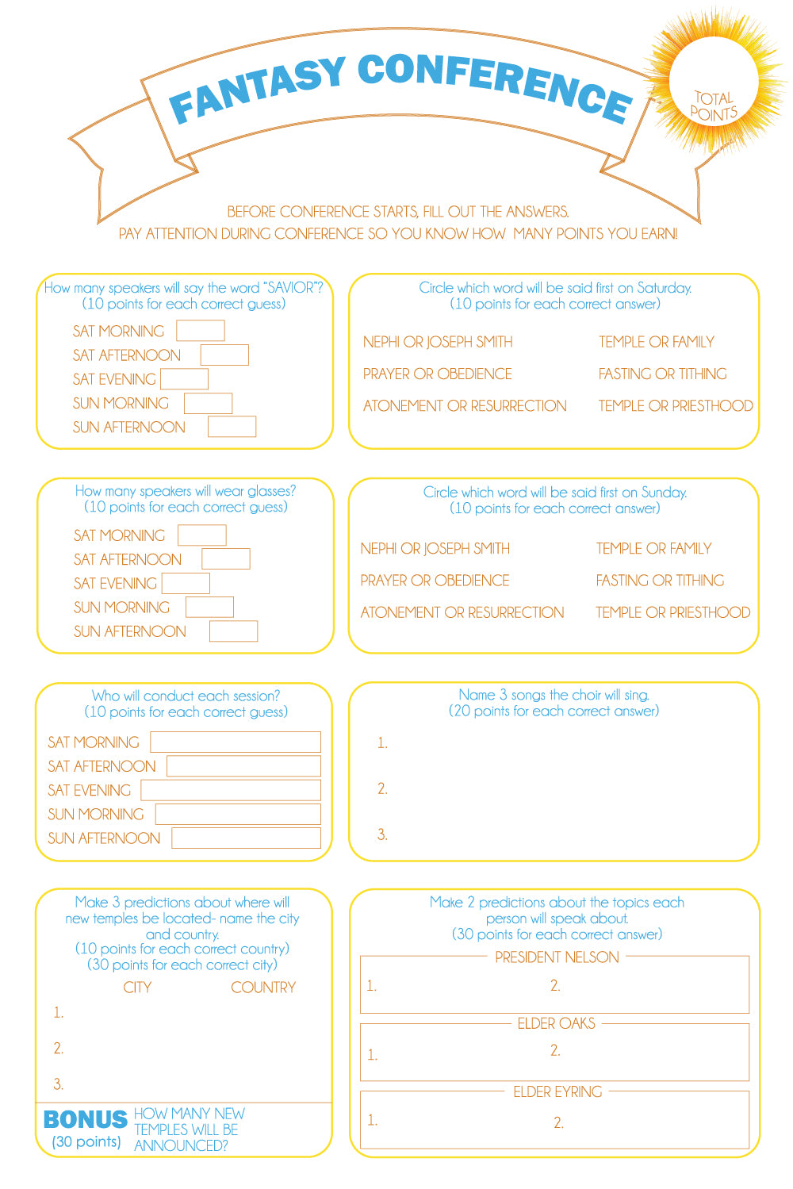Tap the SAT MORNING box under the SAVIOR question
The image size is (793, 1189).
pyautogui.click(x=200, y=330)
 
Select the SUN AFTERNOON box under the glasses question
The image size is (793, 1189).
pyautogui.click(x=233, y=631)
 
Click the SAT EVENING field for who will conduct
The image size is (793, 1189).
pyautogui.click(x=231, y=790)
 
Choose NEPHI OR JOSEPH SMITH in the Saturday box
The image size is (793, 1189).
pyautogui.click(x=438, y=342)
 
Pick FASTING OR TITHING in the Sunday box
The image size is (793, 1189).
pyautogui.click(x=660, y=581)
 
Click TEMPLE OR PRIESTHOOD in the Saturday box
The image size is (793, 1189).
pyautogui.click(x=675, y=405)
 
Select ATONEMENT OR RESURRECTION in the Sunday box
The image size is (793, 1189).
pyautogui.click(x=462, y=612)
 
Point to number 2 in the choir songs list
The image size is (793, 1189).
pyautogui.click(x=382, y=788)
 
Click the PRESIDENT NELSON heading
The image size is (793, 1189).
pyautogui.click(x=557, y=957)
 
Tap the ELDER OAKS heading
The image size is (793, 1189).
pyautogui.click(x=556, y=1023)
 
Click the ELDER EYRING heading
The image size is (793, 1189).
pyautogui.click(x=557, y=1091)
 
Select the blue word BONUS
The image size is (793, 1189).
pyautogui.click(x=85, y=1119)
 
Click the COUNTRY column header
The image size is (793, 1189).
pyautogui.click(x=263, y=988)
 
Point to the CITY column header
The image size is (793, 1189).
pyautogui.click(x=137, y=988)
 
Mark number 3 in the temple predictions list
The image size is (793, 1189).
pyautogui.click(x=58, y=1084)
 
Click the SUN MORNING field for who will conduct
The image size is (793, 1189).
pyautogui.click(x=238, y=814)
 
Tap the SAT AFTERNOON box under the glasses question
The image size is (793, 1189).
pyautogui.click(x=225, y=558)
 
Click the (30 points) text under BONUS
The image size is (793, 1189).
pyautogui.click(x=86, y=1141)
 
